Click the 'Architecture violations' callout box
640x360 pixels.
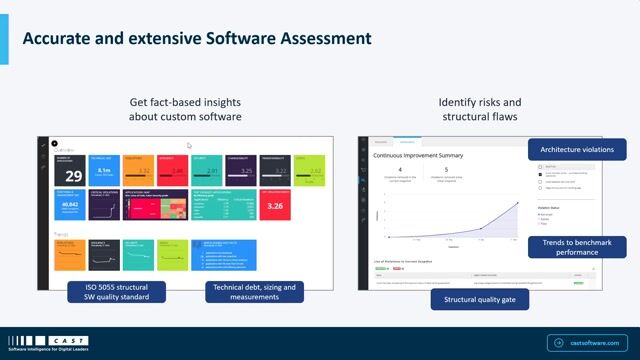coord(577,150)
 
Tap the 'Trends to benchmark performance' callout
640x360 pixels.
coord(565,246)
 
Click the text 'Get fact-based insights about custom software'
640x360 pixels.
coord(186,110)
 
